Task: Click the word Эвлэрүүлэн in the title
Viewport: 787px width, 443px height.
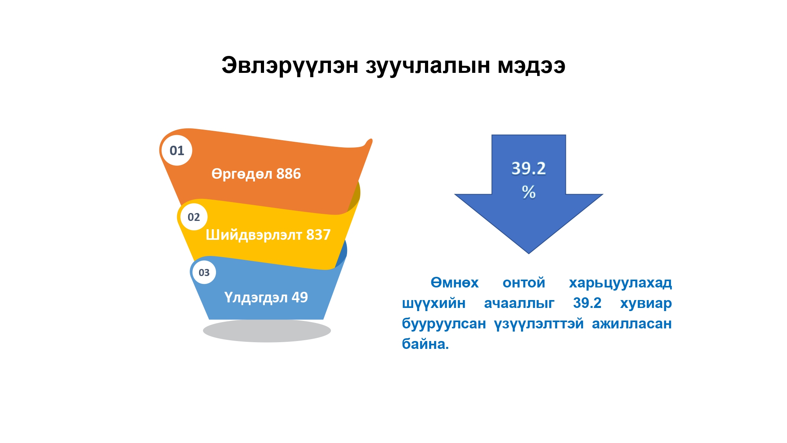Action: click(290, 66)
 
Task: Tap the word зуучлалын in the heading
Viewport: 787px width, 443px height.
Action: click(428, 66)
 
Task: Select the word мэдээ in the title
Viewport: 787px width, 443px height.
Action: click(532, 66)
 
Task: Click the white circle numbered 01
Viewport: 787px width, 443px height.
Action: click(177, 150)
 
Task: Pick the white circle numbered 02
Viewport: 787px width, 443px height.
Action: click(194, 217)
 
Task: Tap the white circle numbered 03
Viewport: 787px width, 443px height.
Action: click(204, 272)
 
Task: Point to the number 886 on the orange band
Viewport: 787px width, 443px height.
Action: click(288, 174)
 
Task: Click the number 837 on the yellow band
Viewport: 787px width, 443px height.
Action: click(318, 235)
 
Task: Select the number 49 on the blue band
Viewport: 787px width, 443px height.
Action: click(299, 297)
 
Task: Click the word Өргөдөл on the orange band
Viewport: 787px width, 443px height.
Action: click(242, 174)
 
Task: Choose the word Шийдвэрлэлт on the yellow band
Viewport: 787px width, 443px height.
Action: click(254, 235)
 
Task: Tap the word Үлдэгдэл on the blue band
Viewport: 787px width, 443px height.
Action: click(256, 298)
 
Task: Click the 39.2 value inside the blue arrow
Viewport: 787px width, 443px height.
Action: click(528, 169)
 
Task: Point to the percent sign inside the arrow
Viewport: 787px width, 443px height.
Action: click(529, 192)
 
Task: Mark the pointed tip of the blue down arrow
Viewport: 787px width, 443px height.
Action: click(528, 254)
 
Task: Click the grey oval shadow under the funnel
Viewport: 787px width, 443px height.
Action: click(267, 330)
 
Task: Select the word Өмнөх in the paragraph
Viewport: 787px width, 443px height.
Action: click(454, 283)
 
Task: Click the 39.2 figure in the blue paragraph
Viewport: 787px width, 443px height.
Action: click(587, 303)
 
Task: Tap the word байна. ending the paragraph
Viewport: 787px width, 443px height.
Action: click(425, 344)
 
